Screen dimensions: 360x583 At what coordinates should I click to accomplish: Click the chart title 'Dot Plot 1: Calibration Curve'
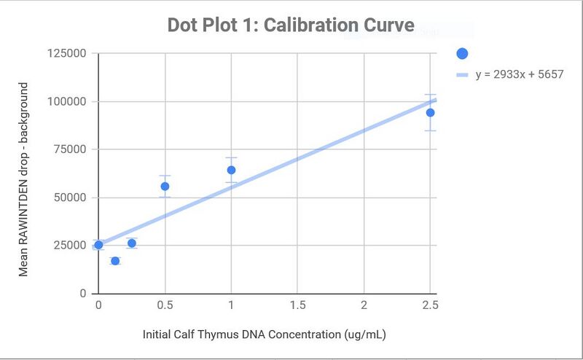click(x=291, y=26)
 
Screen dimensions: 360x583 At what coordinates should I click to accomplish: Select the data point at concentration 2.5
click(x=430, y=112)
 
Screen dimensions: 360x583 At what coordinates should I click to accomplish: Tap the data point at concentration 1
click(x=231, y=170)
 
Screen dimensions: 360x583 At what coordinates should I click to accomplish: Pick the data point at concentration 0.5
click(x=165, y=186)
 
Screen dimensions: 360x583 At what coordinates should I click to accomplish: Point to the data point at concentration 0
click(x=98, y=245)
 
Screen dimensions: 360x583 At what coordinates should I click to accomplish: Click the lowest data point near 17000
click(x=114, y=260)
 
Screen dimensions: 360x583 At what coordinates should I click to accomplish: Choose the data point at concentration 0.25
click(x=131, y=243)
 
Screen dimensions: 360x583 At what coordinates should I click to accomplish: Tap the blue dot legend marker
click(x=461, y=53)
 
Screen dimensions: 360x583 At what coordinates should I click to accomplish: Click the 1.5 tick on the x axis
click(x=297, y=305)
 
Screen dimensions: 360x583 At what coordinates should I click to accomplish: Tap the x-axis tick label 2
click(x=364, y=305)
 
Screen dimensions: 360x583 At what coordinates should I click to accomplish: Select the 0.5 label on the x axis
click(x=165, y=305)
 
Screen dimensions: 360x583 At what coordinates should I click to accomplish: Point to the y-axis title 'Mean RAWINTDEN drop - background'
click(x=23, y=179)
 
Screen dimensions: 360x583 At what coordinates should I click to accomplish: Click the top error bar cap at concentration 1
click(x=231, y=157)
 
